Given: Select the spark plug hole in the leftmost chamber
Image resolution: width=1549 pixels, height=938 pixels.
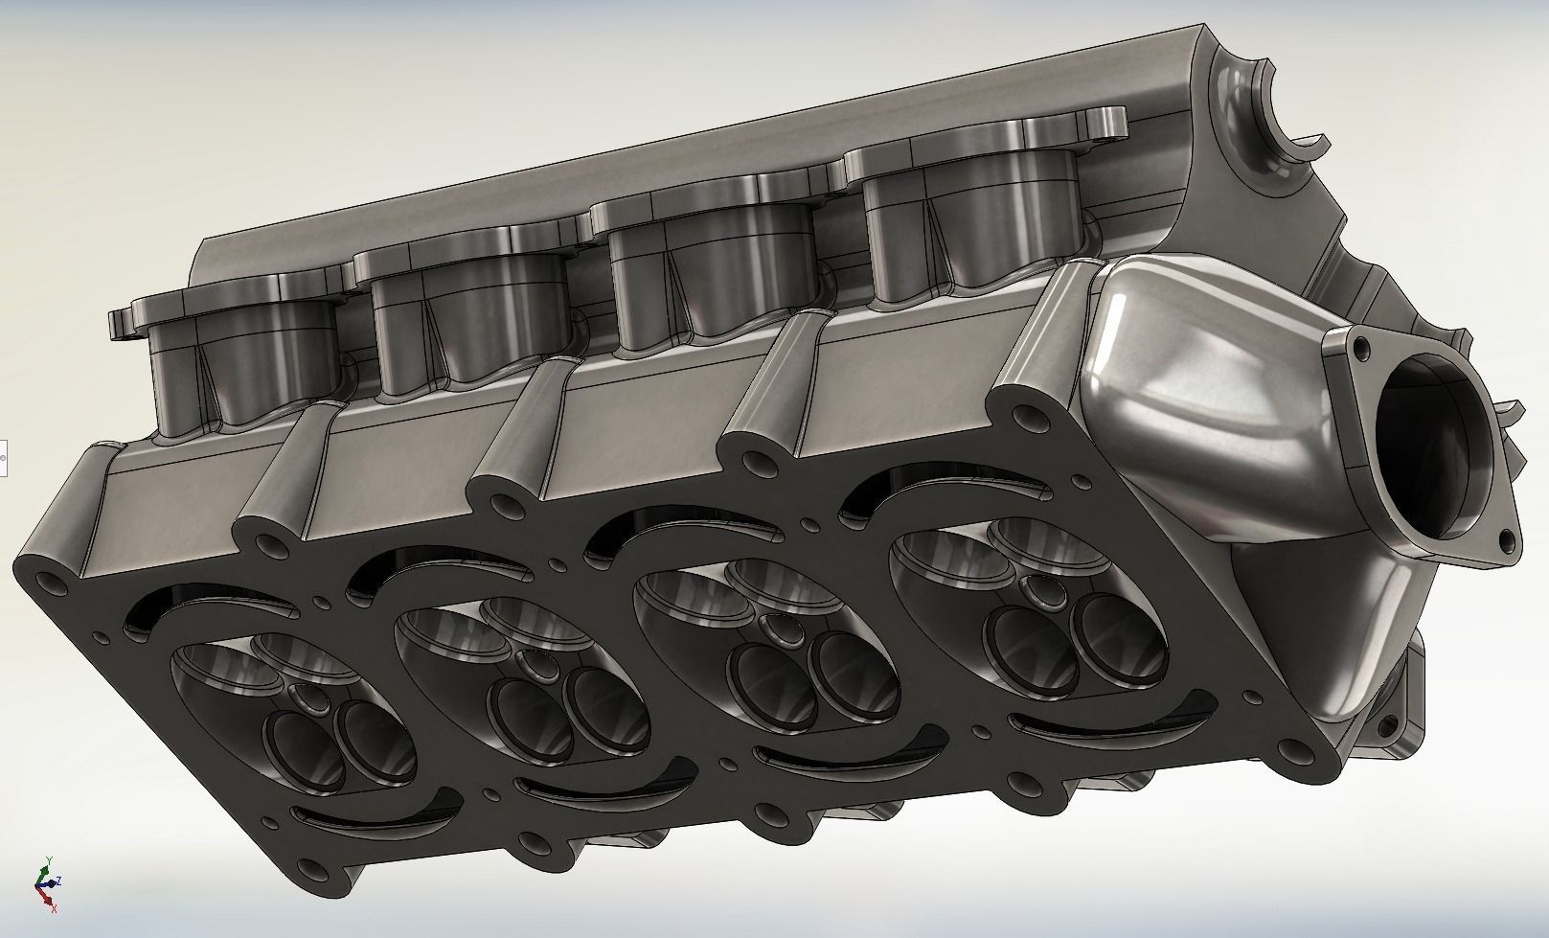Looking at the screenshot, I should tap(308, 697).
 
